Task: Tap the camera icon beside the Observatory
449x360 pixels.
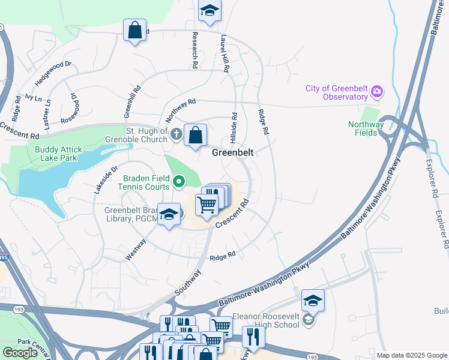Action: [x=377, y=92]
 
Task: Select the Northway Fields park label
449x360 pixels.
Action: [x=366, y=128]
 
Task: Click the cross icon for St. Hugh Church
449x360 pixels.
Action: [x=176, y=134]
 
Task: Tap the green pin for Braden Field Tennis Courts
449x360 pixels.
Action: [x=178, y=181]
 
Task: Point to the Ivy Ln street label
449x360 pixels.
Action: [x=33, y=97]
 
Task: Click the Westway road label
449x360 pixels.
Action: [x=136, y=250]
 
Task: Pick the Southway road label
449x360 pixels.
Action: [x=188, y=280]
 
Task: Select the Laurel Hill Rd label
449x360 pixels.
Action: [x=224, y=53]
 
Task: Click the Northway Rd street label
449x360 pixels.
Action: [x=181, y=111]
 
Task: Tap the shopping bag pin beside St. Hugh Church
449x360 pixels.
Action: [x=195, y=135]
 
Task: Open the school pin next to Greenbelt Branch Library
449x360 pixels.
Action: [x=169, y=214]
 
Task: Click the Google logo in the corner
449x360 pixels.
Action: [x=20, y=353]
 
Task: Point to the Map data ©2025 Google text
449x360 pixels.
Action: [x=412, y=356]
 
